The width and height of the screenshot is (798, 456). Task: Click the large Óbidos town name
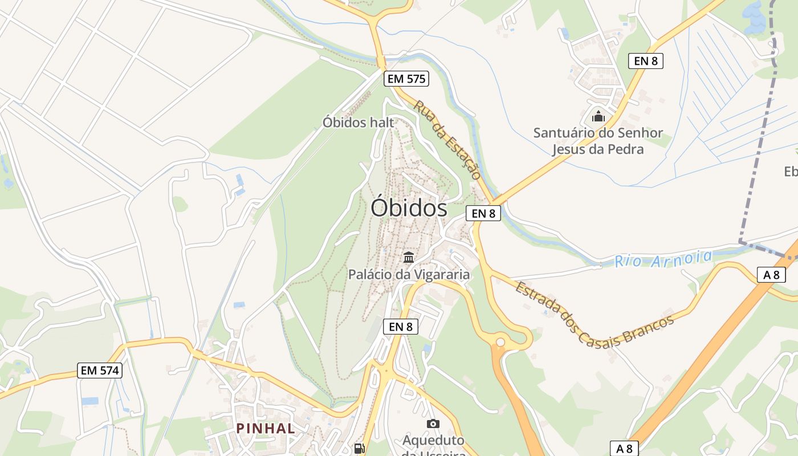pyautogui.click(x=409, y=207)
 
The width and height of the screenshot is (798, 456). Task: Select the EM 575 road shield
pyautogui.click(x=406, y=79)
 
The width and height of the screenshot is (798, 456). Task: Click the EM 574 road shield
pyautogui.click(x=100, y=370)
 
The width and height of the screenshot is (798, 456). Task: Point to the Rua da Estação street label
pyautogui.click(x=448, y=140)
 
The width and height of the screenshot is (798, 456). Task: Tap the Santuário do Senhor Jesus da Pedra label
pyautogui.click(x=598, y=141)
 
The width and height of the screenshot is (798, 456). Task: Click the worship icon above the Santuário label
pyautogui.click(x=598, y=117)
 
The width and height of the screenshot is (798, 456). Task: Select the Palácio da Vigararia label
pyautogui.click(x=409, y=274)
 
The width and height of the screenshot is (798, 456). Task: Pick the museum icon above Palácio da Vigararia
pyautogui.click(x=409, y=257)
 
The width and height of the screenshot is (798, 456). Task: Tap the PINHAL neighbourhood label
pyautogui.click(x=266, y=428)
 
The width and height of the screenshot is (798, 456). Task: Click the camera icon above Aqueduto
pyautogui.click(x=433, y=424)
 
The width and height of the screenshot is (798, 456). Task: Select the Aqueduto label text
pyautogui.click(x=433, y=441)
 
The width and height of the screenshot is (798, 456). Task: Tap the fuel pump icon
pyautogui.click(x=359, y=449)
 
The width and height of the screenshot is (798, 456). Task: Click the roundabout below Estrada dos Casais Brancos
pyautogui.click(x=500, y=342)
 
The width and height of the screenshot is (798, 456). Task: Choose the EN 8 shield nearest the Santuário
pyautogui.click(x=646, y=61)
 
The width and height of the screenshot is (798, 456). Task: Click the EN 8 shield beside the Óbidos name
pyautogui.click(x=483, y=213)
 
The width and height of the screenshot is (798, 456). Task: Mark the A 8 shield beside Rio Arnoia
pyautogui.click(x=771, y=275)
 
